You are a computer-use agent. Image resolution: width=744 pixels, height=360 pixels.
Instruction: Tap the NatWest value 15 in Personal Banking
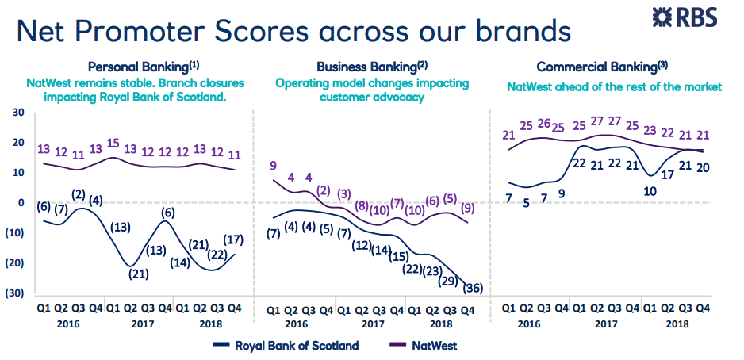click(113, 143)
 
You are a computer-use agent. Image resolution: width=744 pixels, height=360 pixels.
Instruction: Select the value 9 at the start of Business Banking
click(273, 166)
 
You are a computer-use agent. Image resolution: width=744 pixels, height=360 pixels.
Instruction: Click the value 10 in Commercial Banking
click(650, 190)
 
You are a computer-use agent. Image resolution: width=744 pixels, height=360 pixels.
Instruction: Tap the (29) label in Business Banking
click(448, 281)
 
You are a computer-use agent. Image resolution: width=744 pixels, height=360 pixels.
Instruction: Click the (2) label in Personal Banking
click(78, 194)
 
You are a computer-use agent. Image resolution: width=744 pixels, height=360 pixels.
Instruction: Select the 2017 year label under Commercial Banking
click(605, 324)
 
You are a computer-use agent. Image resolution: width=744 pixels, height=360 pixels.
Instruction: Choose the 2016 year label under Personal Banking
click(69, 324)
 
